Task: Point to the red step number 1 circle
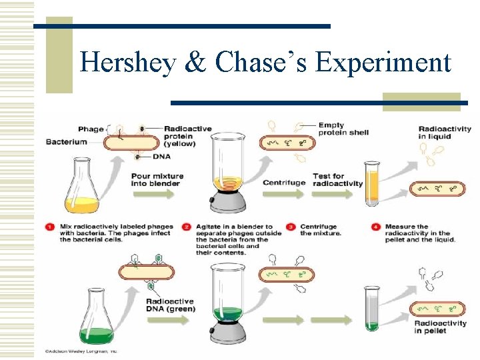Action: tap(50, 227)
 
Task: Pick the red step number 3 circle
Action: tap(291, 227)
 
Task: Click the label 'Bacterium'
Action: tap(66, 142)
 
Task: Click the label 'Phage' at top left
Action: tap(91, 129)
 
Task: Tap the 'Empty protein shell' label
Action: tap(343, 129)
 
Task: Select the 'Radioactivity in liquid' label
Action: tap(445, 133)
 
